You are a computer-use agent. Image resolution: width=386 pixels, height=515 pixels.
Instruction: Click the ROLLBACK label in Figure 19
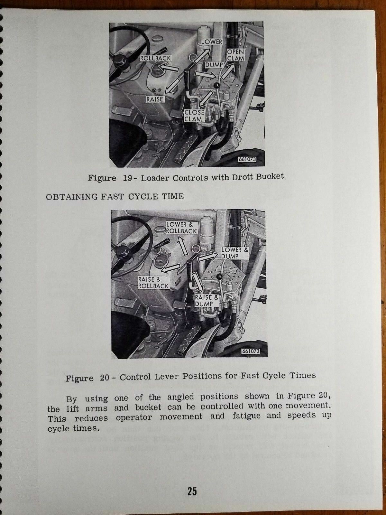(156, 59)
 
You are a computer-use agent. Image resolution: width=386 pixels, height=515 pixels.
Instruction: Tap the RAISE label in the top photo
(155, 99)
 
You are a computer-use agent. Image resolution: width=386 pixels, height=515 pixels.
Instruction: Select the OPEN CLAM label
(236, 55)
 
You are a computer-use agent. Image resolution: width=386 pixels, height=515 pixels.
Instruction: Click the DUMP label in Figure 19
(214, 65)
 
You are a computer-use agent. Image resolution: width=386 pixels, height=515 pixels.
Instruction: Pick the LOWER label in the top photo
(212, 42)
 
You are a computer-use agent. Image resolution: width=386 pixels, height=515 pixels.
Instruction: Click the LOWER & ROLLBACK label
(181, 228)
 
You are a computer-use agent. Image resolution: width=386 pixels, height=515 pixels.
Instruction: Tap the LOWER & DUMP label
(235, 253)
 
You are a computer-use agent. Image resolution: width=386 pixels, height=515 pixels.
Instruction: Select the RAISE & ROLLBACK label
(153, 283)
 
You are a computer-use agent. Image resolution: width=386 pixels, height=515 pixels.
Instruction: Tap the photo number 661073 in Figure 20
(250, 351)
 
